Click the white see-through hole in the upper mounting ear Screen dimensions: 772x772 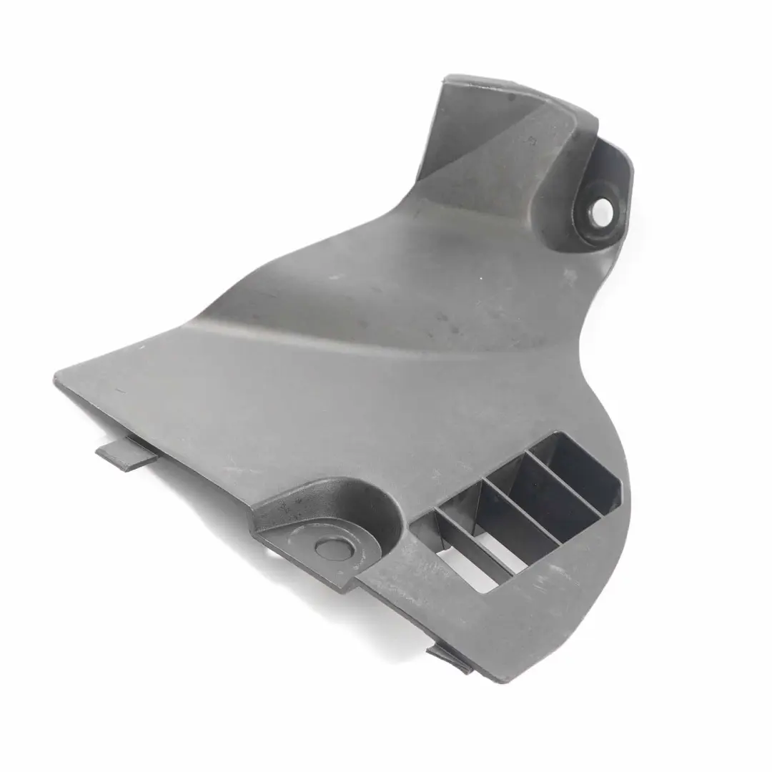603,209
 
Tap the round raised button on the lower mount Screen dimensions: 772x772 333,548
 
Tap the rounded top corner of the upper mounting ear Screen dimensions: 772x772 622,154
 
